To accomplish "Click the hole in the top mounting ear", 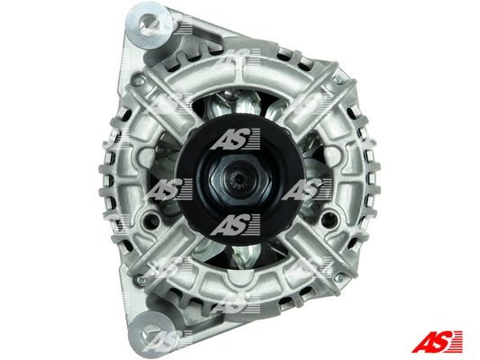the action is tap(149, 23).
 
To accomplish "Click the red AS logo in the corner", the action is tap(437, 341).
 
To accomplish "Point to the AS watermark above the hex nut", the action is tap(235, 139).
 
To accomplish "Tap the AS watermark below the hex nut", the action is tap(235, 224).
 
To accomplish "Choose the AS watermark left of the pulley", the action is tap(169, 189).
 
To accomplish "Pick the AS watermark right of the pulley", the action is tap(306, 189).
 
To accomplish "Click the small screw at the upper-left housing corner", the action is tap(139, 81).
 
